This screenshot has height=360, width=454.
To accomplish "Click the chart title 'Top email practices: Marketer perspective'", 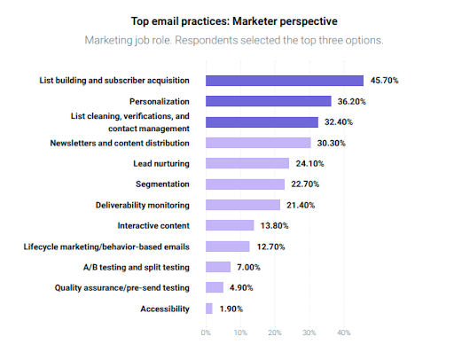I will point(226,20).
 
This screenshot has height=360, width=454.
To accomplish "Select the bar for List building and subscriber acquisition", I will point(284,80).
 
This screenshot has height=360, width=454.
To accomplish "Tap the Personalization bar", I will point(268,101).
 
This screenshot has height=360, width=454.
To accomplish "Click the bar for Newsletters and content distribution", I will point(258,143).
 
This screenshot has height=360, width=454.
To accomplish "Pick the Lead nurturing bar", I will point(247,163).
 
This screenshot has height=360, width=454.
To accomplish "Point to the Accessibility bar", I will point(209,309).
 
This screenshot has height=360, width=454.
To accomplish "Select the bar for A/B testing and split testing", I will point(218,267).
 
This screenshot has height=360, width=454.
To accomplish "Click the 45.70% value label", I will point(384,81).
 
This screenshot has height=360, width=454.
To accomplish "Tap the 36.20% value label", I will point(352,101).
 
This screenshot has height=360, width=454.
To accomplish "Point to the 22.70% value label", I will point(305,184).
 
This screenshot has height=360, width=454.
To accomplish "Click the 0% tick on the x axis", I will point(206,333).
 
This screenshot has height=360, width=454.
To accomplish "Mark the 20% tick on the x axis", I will point(275,333).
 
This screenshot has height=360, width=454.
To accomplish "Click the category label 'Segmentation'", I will point(162,184).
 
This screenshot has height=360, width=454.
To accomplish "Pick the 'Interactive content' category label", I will point(153,225).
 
